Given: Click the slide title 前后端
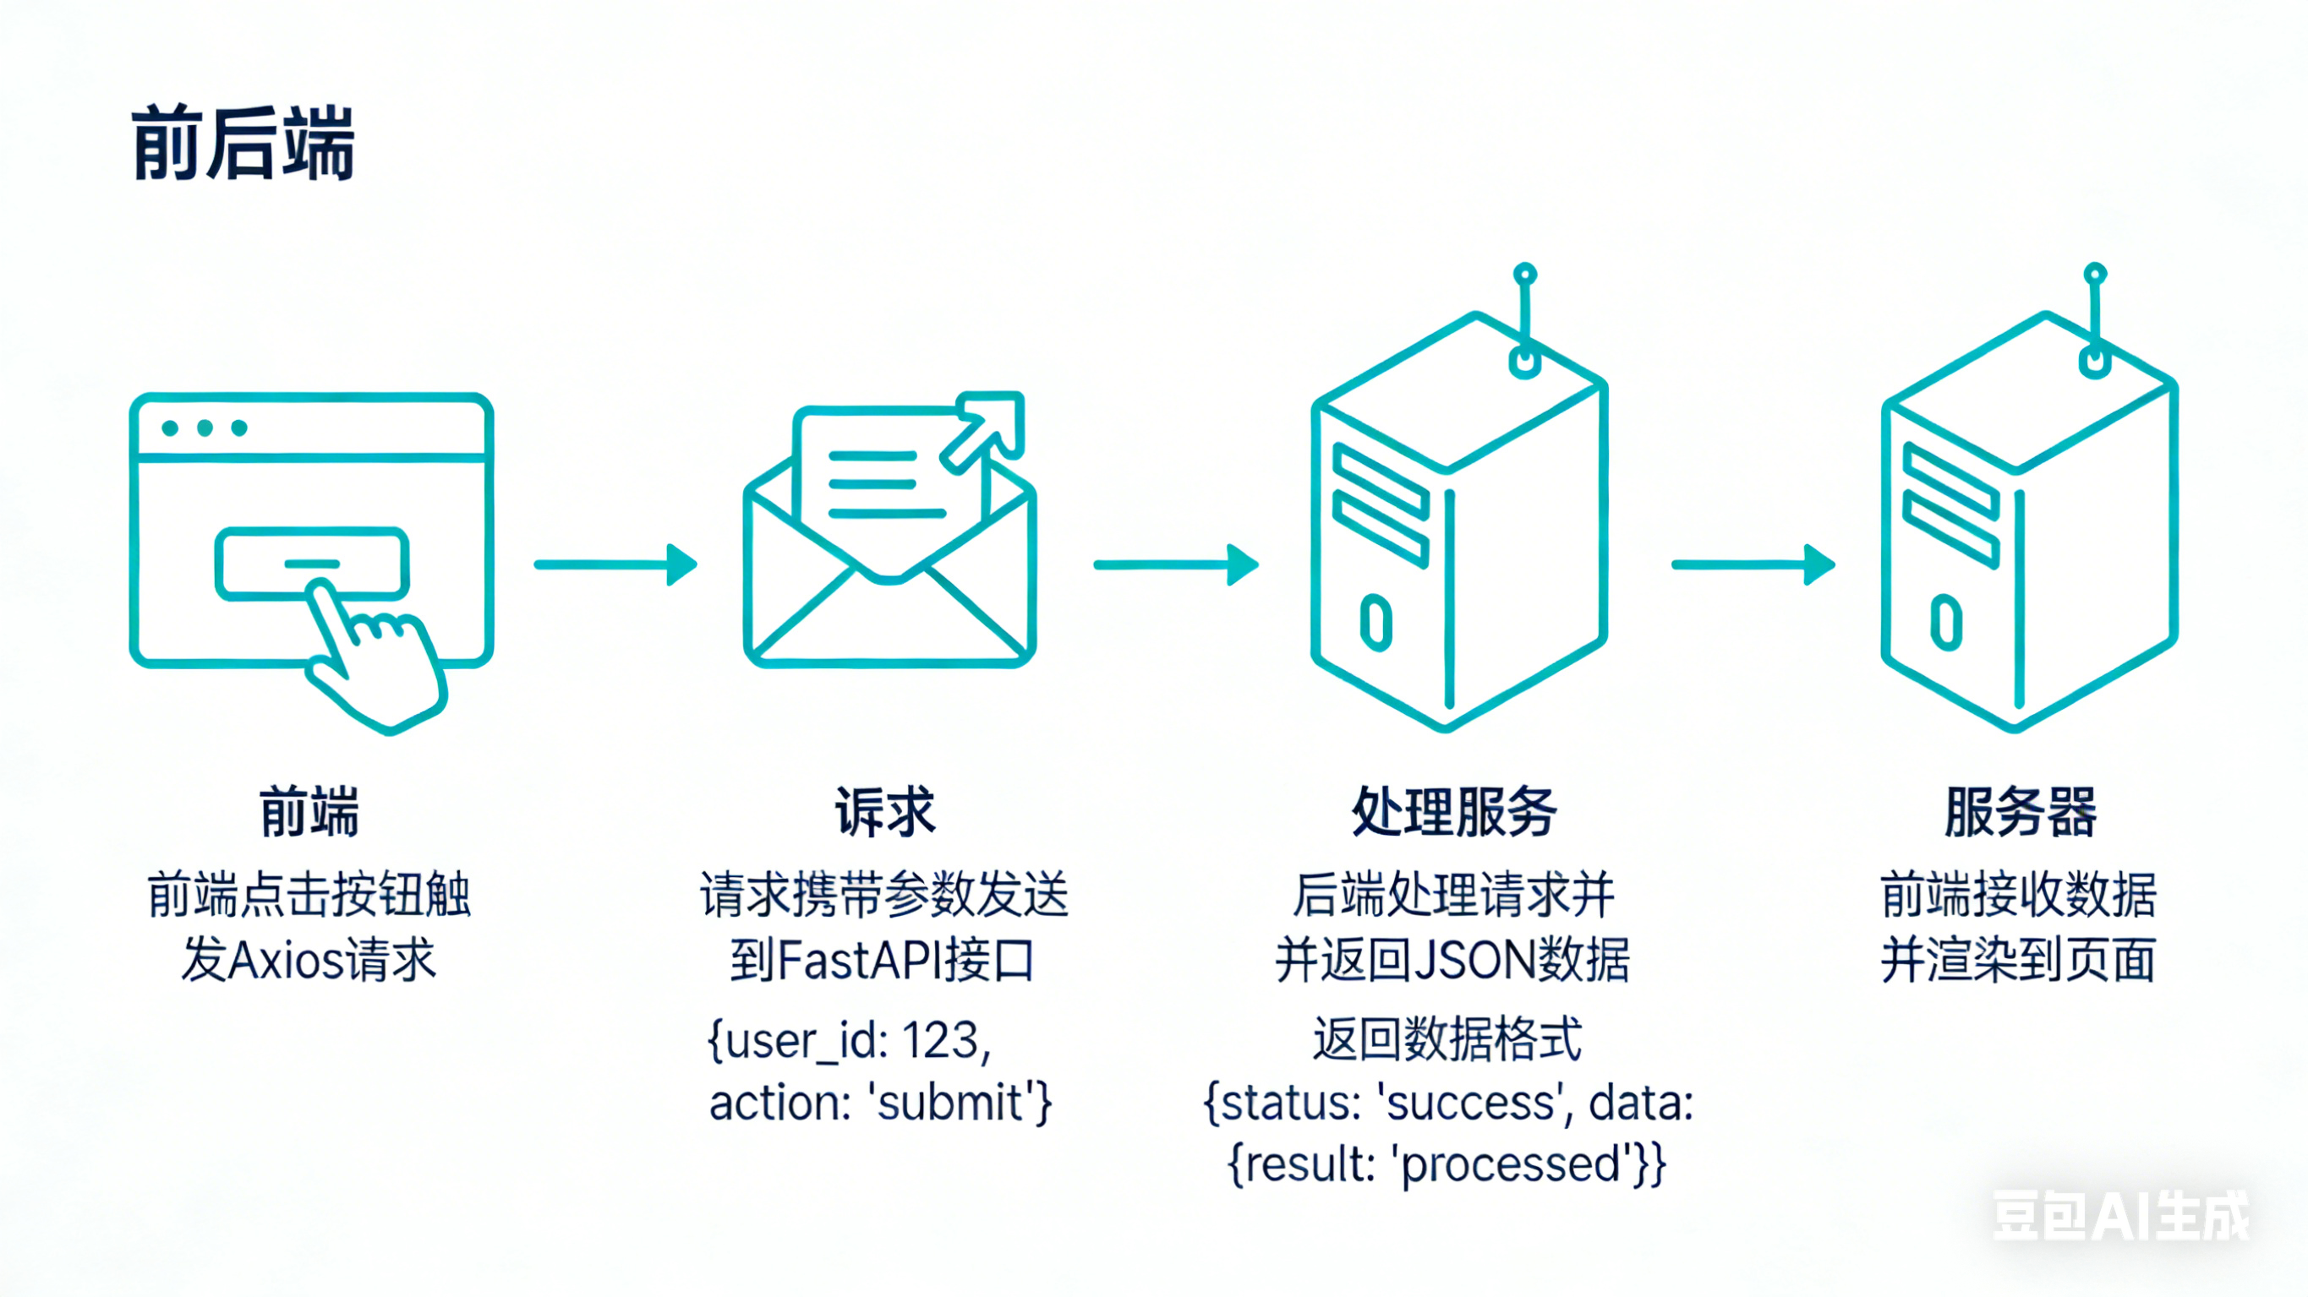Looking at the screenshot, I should tap(243, 144).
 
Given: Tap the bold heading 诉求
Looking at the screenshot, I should tap(884, 811).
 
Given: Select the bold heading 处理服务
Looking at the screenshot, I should tap(1452, 811).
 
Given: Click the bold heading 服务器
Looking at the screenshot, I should tap(2020, 811).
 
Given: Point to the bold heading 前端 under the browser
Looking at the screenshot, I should tap(309, 811).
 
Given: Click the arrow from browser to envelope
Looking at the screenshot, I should tap(615, 564).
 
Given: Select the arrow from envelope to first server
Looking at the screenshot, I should tap(1175, 564).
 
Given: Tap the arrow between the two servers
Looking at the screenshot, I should tap(1753, 564).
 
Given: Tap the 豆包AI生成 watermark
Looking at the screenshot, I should tap(2119, 1216).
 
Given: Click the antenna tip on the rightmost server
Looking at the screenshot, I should tap(2095, 273).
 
